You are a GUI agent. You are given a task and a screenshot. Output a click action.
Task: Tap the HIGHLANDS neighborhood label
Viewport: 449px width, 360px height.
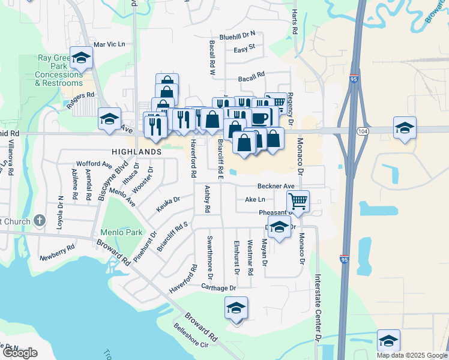pyautogui.click(x=136, y=152)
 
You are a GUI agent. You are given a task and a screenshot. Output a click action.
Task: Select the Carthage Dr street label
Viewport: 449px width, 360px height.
pyautogui.click(x=219, y=288)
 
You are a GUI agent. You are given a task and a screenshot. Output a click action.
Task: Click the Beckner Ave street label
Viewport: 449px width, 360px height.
pyautogui.click(x=276, y=186)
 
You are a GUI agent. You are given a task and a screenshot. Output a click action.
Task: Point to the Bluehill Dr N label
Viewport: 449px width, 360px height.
pyautogui.click(x=238, y=35)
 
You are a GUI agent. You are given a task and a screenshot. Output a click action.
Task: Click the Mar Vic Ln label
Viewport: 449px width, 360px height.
pyautogui.click(x=109, y=44)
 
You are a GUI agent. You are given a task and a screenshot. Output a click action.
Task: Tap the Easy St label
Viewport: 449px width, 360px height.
pyautogui.click(x=244, y=47)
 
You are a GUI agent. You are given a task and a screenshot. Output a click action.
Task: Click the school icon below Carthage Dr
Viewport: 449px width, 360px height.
pyautogui.click(x=237, y=308)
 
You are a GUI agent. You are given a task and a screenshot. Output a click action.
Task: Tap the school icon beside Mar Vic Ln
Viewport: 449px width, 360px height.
pyautogui.click(x=82, y=58)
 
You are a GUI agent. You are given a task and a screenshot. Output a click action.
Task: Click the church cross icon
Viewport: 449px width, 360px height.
pyautogui.click(x=40, y=221)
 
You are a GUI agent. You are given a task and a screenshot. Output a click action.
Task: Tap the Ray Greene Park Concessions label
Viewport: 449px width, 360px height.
pyautogui.click(x=59, y=71)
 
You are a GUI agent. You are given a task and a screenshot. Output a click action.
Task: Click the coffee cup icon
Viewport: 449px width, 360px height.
pyautogui.click(x=261, y=116)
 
